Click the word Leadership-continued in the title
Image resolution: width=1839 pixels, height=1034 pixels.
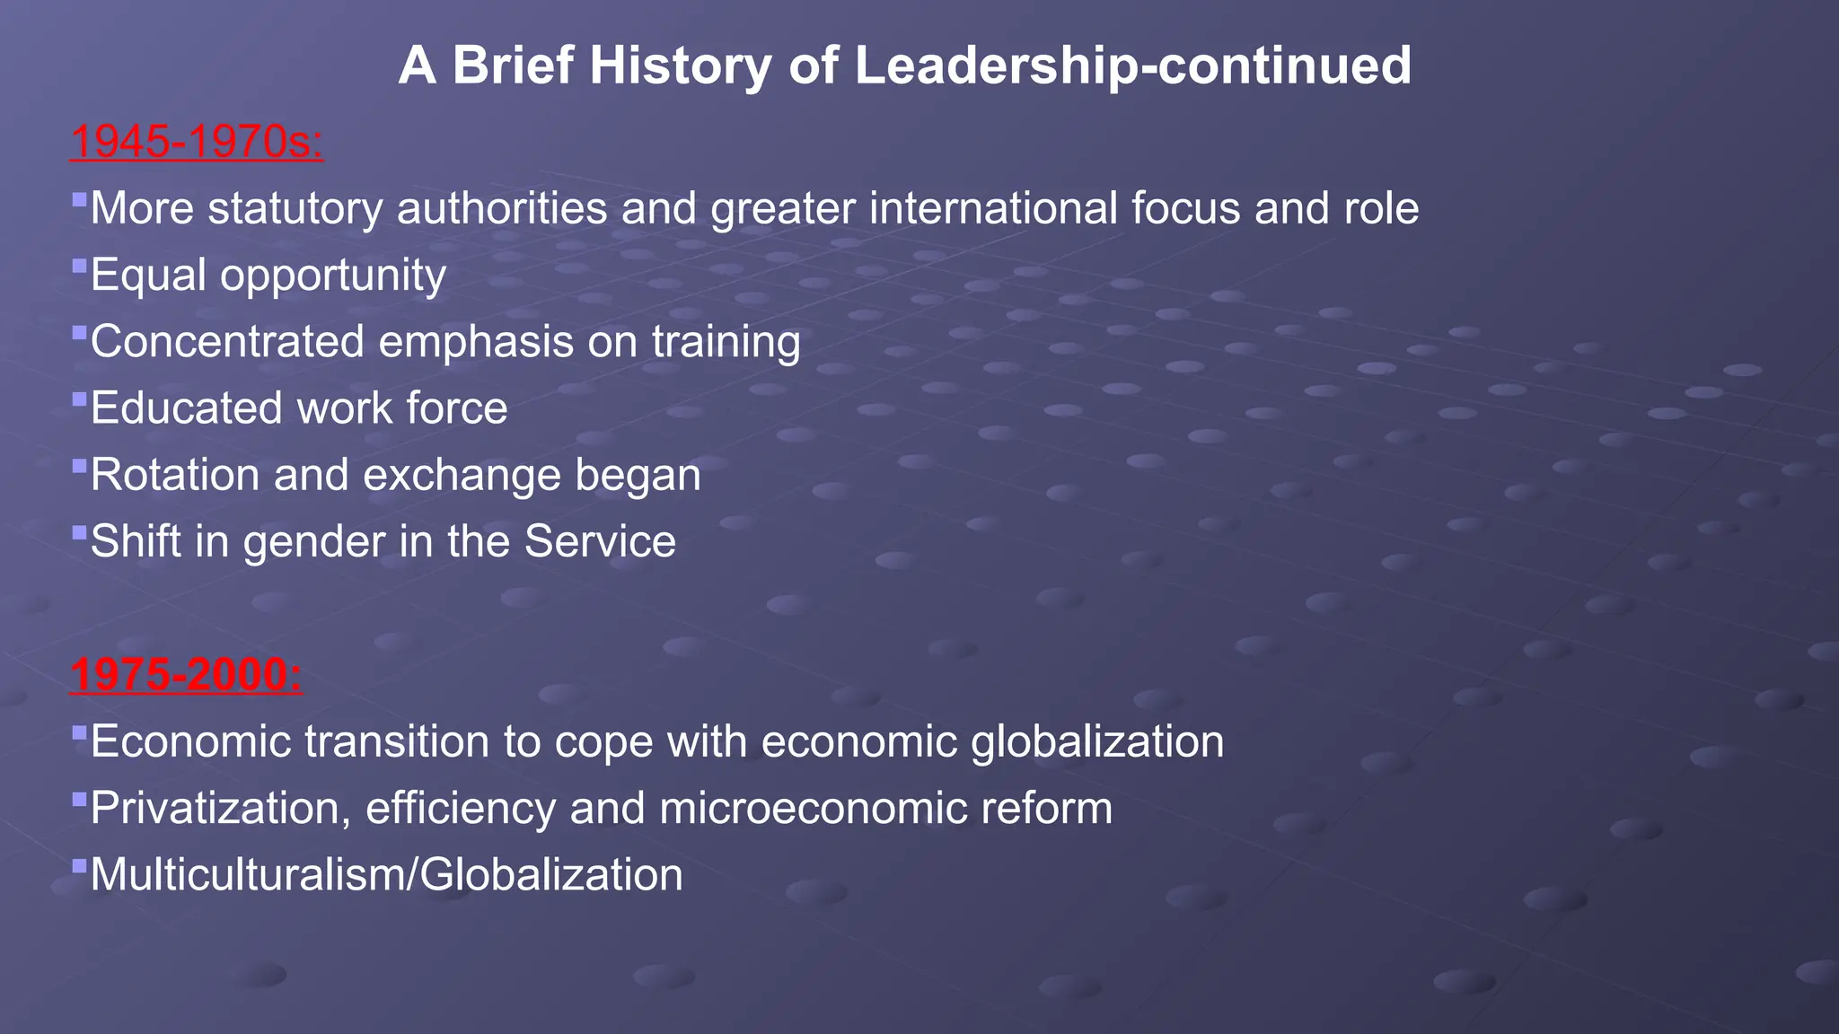[1132, 66]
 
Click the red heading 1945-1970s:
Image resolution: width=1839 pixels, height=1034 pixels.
[196, 142]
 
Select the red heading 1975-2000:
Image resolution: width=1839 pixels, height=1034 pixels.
[186, 675]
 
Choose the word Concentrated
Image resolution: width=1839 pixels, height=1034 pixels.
[227, 342]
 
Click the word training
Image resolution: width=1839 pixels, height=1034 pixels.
[726, 342]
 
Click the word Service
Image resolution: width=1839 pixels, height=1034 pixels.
[600, 542]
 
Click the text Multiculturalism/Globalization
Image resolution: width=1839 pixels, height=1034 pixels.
[386, 875]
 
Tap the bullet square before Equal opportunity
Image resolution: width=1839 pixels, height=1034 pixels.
[79, 266]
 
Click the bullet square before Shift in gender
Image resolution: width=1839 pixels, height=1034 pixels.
[79, 532]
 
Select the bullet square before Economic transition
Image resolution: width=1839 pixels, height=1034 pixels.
[79, 732]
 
